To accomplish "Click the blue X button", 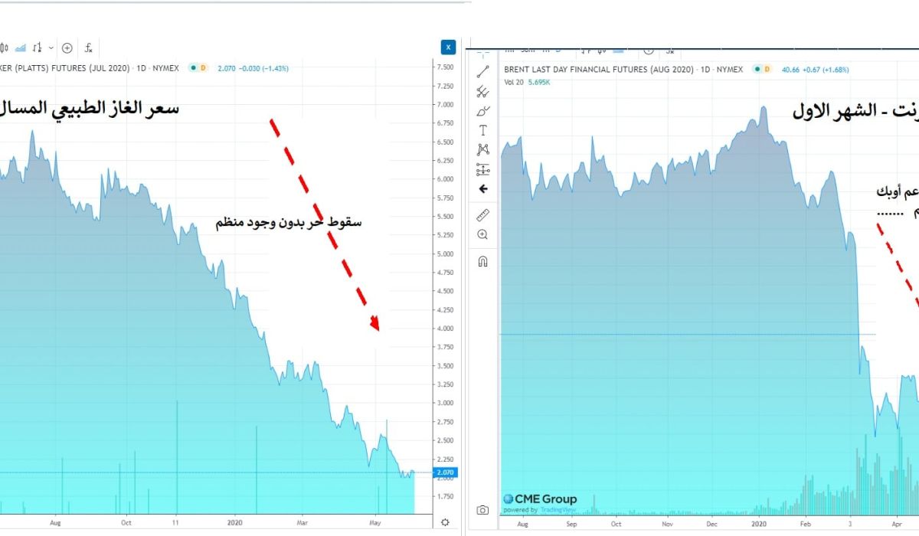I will coord(449,47).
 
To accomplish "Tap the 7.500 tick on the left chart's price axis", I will coord(446,67).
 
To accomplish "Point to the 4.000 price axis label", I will coord(446,328).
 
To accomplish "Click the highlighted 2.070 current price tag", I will coord(445,472).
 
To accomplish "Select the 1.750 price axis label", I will coord(446,496).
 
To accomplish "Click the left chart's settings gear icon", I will coord(446,522).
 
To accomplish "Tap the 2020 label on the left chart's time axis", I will coord(235,523).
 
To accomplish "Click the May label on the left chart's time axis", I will coord(376,523).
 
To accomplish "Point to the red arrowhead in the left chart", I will coord(374,322).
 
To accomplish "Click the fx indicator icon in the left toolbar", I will coord(89,48).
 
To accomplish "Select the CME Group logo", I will coord(540,500).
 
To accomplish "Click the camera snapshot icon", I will coord(482,510).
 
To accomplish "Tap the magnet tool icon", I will coord(482,261).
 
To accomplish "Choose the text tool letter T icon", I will coord(482,131).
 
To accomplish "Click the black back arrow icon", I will coord(482,188).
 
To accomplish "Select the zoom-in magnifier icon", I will coord(482,234).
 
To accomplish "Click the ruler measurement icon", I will coord(482,215).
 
